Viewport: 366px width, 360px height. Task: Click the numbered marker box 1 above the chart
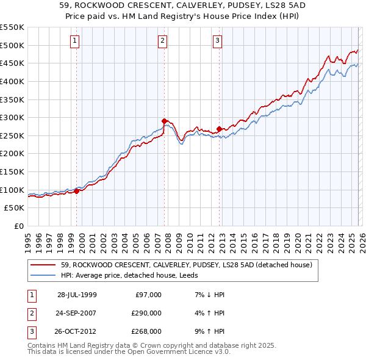pos(74,41)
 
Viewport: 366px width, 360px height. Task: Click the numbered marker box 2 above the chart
pos(163,41)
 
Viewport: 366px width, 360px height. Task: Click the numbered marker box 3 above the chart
pos(217,41)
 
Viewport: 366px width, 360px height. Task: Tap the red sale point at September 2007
pos(165,121)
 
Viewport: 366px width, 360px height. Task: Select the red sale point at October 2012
pos(220,129)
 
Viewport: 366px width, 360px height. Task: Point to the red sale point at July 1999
pos(77,191)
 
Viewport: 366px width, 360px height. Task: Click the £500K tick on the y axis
pos(12,45)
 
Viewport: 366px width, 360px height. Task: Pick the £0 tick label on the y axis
pos(18,226)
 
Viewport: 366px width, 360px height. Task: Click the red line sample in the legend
pos(44,265)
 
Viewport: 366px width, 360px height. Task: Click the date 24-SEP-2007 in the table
pos(77,313)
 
